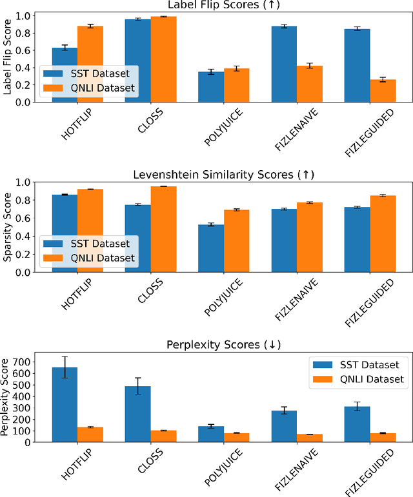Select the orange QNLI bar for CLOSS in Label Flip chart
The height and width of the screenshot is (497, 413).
click(163, 59)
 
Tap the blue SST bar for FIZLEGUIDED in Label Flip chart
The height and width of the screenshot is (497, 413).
click(358, 65)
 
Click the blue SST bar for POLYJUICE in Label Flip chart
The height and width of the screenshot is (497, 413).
click(211, 86)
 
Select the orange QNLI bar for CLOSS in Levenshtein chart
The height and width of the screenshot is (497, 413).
click(163, 229)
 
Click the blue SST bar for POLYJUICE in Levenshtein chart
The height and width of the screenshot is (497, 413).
click(211, 248)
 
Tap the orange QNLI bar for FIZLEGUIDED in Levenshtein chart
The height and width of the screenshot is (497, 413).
click(383, 233)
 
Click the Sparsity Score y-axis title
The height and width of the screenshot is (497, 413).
click(8, 227)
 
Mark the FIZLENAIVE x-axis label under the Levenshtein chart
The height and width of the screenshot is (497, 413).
click(294, 299)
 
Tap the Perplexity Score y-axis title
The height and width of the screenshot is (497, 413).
click(8, 397)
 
